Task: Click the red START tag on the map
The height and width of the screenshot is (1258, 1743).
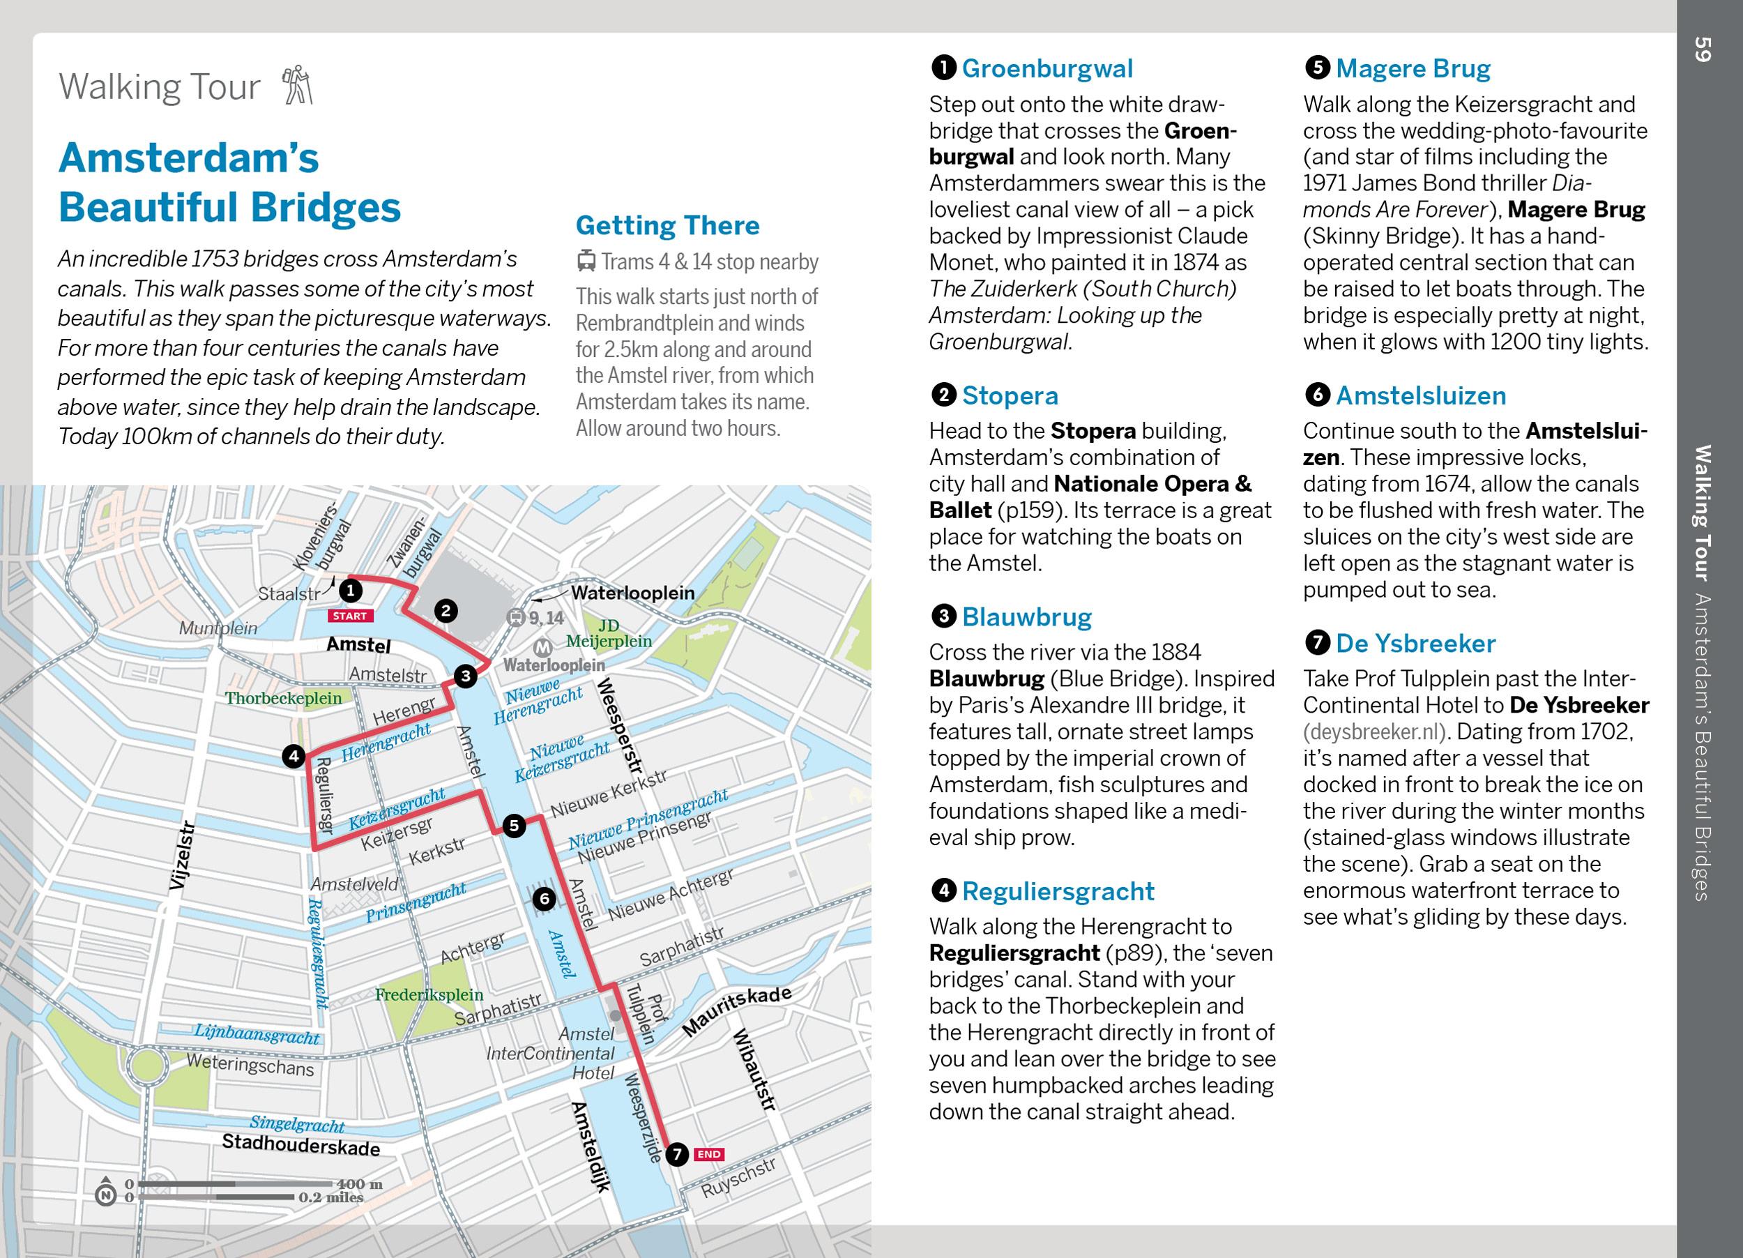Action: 351,616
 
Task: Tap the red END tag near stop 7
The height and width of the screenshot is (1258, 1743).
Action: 708,1153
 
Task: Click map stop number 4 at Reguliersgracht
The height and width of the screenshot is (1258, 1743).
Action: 294,756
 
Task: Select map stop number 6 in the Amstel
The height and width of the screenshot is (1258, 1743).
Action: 544,898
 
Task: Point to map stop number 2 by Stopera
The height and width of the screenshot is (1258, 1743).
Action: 446,611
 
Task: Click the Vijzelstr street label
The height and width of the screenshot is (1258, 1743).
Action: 181,857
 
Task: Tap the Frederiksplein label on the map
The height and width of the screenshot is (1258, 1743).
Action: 429,994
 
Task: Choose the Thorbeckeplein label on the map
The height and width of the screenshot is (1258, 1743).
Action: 283,698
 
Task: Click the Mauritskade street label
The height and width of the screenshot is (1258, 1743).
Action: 736,1009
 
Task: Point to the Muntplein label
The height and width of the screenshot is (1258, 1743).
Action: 218,628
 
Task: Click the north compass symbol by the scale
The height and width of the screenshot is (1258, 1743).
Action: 105,1195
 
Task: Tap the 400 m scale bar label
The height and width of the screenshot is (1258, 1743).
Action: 359,1184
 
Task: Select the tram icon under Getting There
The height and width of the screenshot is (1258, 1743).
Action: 586,262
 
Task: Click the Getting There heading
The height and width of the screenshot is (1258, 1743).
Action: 667,225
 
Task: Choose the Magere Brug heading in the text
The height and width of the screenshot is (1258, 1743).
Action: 1413,68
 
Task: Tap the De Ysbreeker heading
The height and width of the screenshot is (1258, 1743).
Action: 1415,643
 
